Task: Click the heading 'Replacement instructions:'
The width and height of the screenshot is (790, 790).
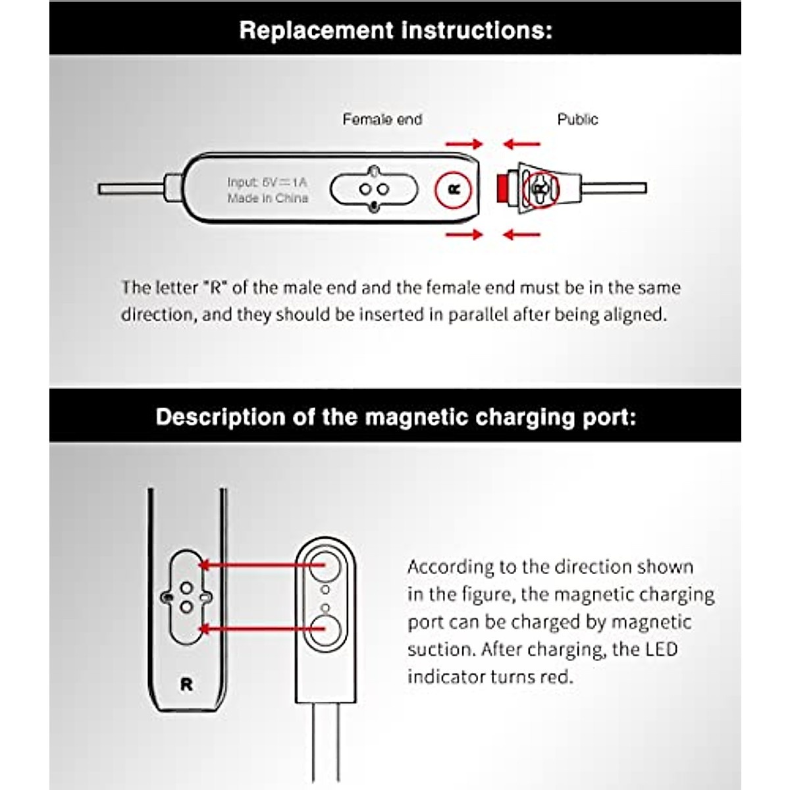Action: pyautogui.click(x=395, y=30)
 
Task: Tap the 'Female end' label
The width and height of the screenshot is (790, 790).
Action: pyautogui.click(x=382, y=120)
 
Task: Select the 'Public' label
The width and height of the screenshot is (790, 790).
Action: pyautogui.click(x=577, y=120)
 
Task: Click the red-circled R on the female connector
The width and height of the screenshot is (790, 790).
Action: pyautogui.click(x=453, y=190)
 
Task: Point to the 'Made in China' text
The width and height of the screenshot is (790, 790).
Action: pyautogui.click(x=267, y=198)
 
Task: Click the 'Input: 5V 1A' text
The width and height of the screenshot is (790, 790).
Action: pyautogui.click(x=267, y=182)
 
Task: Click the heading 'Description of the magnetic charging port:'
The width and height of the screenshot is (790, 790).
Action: pyautogui.click(x=395, y=417)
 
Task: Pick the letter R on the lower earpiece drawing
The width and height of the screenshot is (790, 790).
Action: pyautogui.click(x=186, y=685)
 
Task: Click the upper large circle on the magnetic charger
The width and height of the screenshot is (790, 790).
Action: pyautogui.click(x=324, y=565)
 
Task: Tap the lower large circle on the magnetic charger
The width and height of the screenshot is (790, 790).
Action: pyautogui.click(x=324, y=629)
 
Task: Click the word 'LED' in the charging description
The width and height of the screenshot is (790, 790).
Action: pyautogui.click(x=661, y=650)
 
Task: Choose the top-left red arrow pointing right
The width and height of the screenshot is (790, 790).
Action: pyautogui.click(x=463, y=144)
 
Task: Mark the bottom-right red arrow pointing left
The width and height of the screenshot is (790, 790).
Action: pyautogui.click(x=521, y=234)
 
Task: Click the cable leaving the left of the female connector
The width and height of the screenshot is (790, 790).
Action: pyautogui.click(x=132, y=189)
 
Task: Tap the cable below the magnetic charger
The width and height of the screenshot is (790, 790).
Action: pyautogui.click(x=325, y=744)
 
